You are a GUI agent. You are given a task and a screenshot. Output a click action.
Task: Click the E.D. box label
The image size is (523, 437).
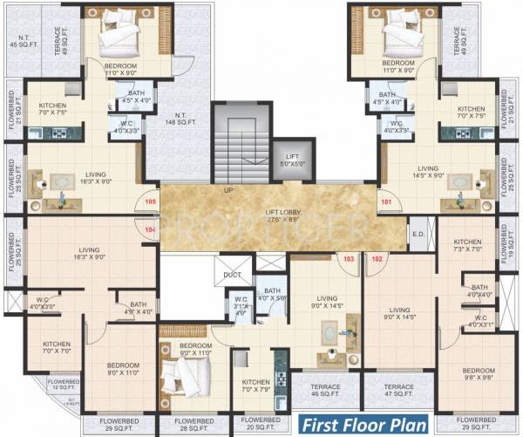(x=418, y=234)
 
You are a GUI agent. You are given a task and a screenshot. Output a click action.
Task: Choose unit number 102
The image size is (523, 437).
(x=377, y=258)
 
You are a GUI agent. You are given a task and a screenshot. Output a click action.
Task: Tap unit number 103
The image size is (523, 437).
(x=348, y=258)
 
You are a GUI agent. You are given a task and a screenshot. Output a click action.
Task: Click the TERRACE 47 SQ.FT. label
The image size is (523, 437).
(x=399, y=391)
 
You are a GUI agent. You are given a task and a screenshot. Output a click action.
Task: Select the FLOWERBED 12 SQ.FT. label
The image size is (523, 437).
(x=62, y=386)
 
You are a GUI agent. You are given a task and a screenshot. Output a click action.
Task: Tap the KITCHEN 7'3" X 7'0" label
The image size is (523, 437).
(x=467, y=245)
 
